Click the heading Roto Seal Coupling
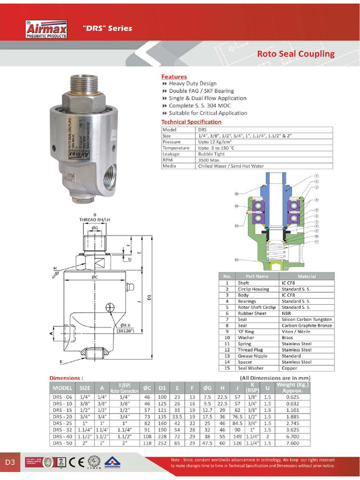[295, 53]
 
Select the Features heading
[174, 76]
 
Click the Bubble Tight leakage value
[211, 154]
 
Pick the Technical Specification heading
[191, 122]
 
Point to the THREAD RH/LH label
[94, 219]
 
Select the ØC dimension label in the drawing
[95, 277]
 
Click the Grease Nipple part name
[251, 356]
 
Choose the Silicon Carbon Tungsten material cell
[307, 319]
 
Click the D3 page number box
[10, 462]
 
